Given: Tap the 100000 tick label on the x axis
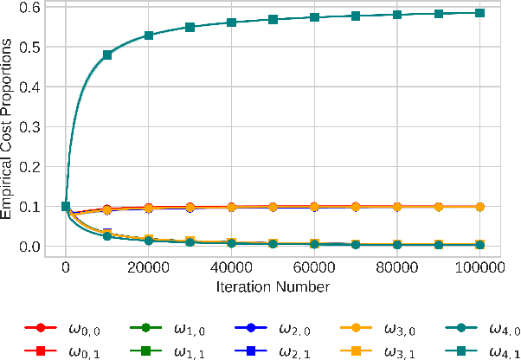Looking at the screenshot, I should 480,268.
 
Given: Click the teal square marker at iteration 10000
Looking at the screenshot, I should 107,55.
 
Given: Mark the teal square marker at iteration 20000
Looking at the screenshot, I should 149,35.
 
